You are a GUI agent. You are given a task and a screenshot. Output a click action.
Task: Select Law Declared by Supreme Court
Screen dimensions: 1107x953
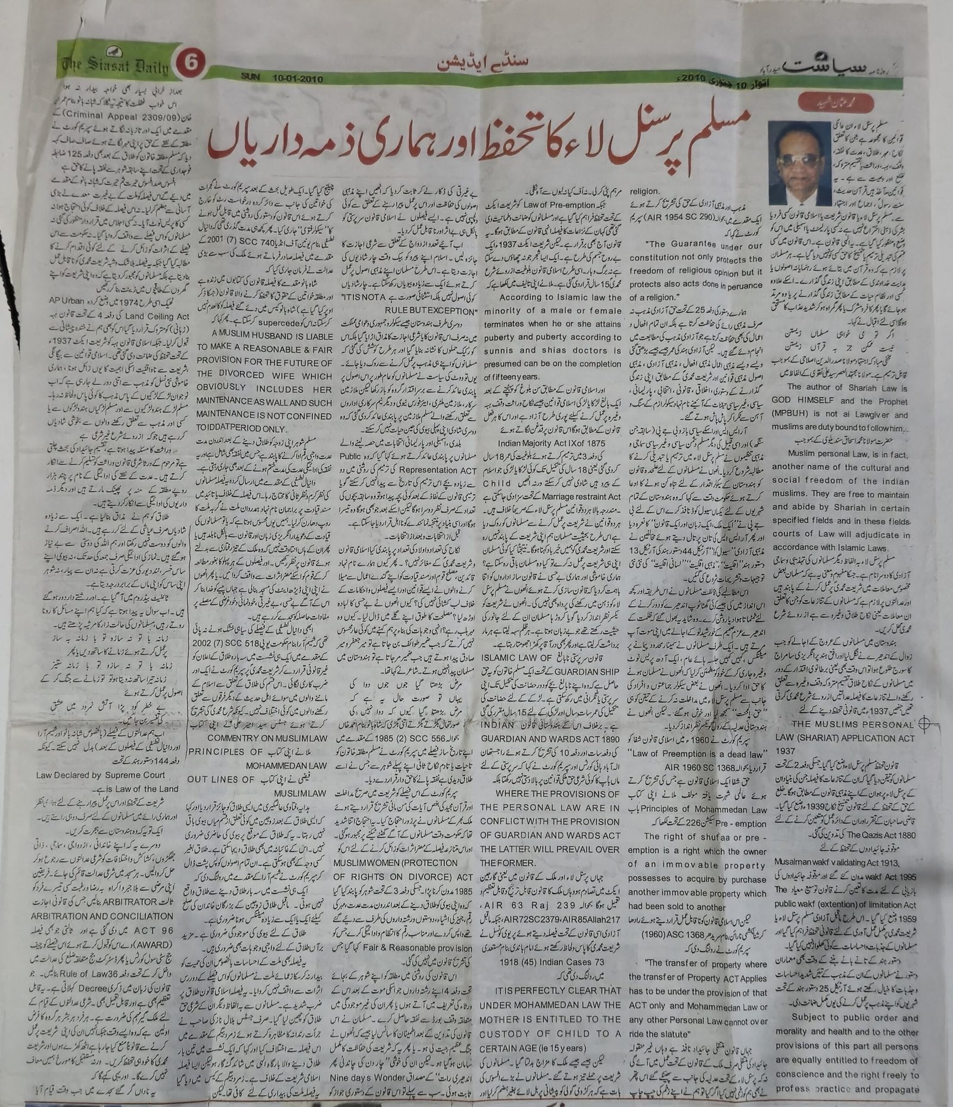tap(108, 776)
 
